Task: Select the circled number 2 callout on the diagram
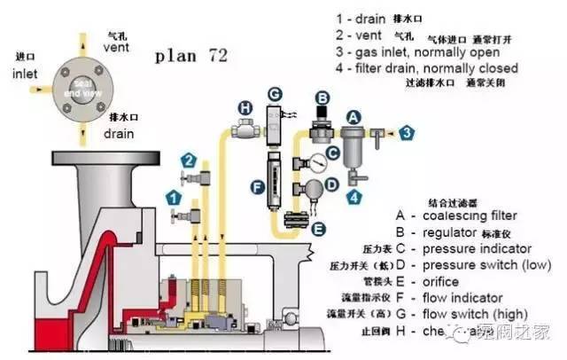click(188, 160)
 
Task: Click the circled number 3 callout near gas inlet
click(406, 132)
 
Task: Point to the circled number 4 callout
click(354, 196)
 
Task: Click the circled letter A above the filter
click(353, 116)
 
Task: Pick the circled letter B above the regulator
click(323, 98)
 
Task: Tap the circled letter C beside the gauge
click(333, 153)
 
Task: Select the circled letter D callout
click(333, 184)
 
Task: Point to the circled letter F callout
click(258, 187)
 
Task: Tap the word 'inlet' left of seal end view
click(25, 74)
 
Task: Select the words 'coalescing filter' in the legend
click(470, 215)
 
